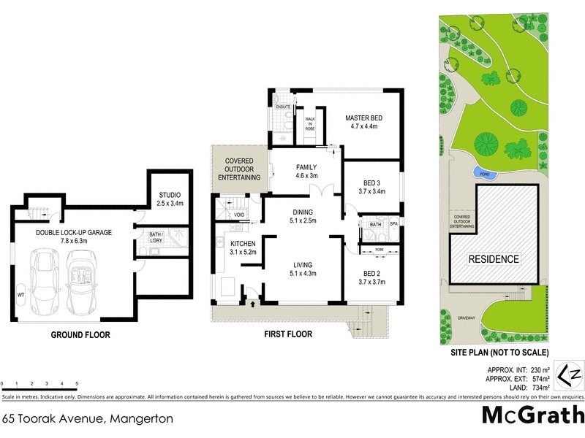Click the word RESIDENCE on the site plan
(x=494, y=259)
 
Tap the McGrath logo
(x=532, y=414)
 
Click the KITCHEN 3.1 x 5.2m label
(x=243, y=247)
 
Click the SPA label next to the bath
(x=393, y=224)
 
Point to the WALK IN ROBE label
(x=310, y=122)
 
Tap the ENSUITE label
(x=284, y=107)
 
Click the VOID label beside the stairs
(x=239, y=215)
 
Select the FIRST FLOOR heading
(x=287, y=334)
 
